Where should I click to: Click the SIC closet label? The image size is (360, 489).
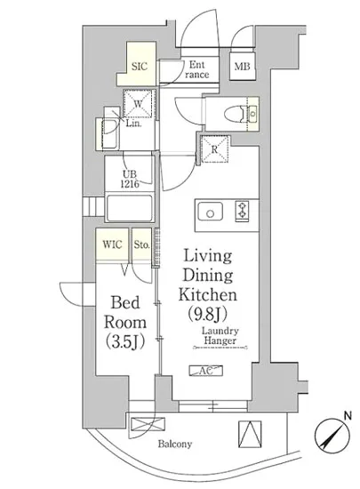(140, 67)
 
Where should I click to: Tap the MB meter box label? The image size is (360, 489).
(242, 67)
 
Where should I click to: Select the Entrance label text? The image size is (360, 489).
(197, 69)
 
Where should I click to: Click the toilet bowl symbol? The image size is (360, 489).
(236, 113)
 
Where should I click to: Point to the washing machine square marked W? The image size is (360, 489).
(139, 103)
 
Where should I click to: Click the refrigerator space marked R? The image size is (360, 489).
(215, 149)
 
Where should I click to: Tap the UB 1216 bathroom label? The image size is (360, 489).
(130, 179)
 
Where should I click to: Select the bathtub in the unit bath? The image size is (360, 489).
(130, 208)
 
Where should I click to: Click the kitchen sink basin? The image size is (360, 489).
(211, 212)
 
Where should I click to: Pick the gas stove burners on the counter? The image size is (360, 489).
(242, 211)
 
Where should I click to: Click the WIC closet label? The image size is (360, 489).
(112, 244)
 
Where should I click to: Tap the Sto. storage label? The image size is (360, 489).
(142, 244)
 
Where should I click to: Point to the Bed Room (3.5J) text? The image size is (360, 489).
(125, 322)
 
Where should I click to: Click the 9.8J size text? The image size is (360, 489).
(207, 314)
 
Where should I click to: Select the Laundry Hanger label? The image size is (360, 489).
(220, 335)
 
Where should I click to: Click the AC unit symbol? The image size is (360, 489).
(206, 371)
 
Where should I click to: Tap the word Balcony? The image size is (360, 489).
(175, 444)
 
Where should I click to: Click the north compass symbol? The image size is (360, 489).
(332, 435)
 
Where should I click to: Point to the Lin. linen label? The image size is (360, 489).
(133, 124)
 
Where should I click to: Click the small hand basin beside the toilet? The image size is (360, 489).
(253, 114)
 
